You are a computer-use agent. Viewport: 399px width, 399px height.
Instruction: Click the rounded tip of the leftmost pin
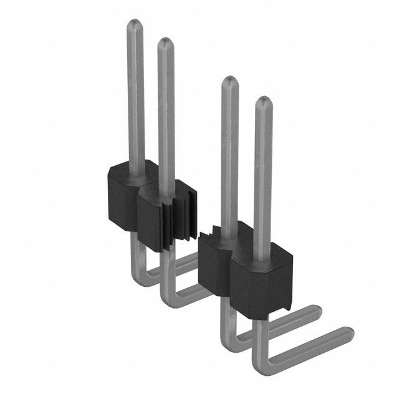coord(135,26)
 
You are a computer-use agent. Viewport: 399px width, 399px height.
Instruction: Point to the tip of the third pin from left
coord(230,82)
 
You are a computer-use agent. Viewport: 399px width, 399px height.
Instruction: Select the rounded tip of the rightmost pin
coord(263,102)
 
